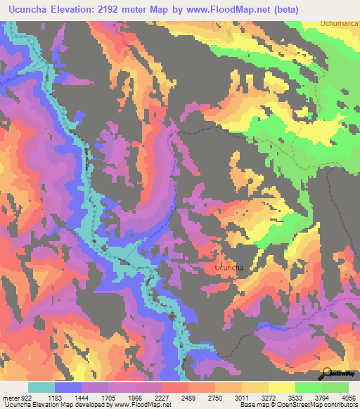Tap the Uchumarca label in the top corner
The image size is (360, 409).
340,23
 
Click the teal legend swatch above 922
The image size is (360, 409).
41,387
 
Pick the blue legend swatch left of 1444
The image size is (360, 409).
68,387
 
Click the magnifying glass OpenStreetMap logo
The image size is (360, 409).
328,373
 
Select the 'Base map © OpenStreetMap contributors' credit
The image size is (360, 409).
297,405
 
